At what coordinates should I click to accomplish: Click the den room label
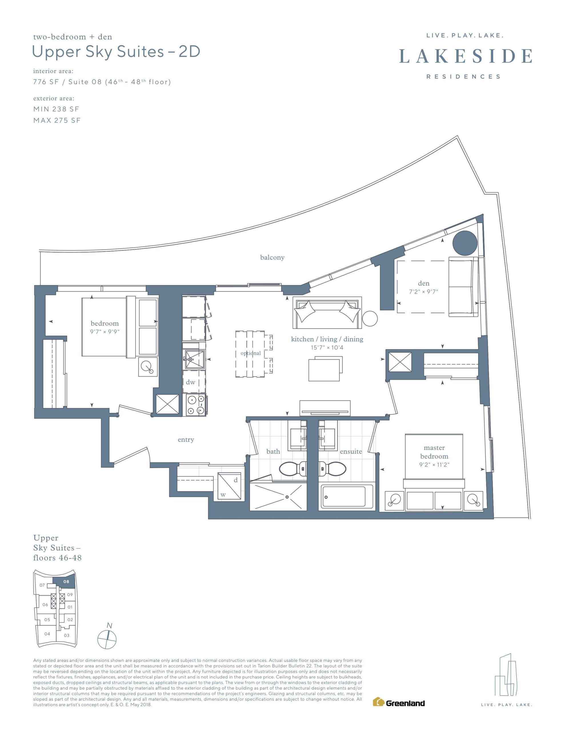[x=423, y=283]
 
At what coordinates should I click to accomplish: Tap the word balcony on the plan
[x=272, y=257]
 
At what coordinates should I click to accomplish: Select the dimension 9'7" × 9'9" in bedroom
[x=105, y=332]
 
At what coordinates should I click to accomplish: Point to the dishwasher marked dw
[x=194, y=382]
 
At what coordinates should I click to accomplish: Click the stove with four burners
[x=196, y=405]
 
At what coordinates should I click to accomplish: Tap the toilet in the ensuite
[x=332, y=469]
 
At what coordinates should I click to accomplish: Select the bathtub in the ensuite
[x=346, y=496]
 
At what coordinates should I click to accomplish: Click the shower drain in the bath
[x=287, y=497]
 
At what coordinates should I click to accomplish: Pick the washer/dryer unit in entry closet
[x=229, y=486]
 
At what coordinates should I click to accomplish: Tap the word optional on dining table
[x=251, y=353]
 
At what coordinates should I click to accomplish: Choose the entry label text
[x=186, y=440]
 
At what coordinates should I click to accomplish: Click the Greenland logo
[x=399, y=702]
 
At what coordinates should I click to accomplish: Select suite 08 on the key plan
[x=66, y=581]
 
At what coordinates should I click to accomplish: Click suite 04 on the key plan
[x=47, y=634]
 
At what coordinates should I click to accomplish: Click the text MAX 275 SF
[x=57, y=121]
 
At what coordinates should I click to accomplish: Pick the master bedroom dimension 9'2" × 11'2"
[x=434, y=465]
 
